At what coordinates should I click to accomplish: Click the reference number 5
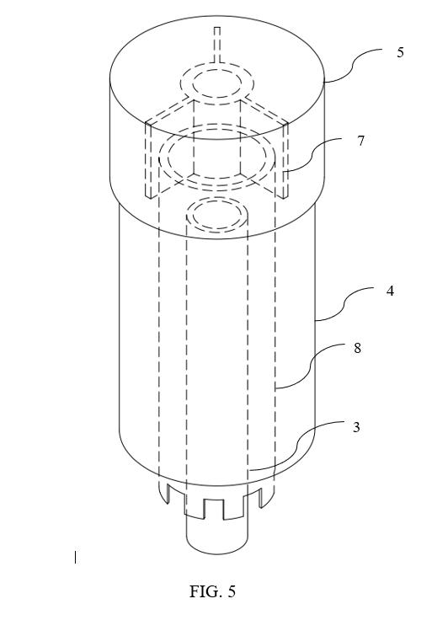[400, 52]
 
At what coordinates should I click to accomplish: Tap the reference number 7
[360, 141]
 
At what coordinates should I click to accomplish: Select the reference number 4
[390, 291]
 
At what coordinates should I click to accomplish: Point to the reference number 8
[357, 349]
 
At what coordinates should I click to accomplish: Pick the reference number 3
[356, 427]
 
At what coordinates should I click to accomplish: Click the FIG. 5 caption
[212, 591]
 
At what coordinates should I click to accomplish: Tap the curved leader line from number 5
[353, 65]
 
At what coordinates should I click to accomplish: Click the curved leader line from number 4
[344, 304]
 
